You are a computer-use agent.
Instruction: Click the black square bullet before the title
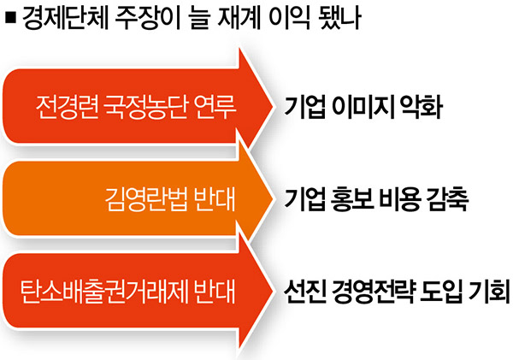coord(10,17)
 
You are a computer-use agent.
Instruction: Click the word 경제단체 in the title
coord(65,17)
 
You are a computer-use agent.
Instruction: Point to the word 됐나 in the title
coord(340,17)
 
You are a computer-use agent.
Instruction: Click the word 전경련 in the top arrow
coord(67,107)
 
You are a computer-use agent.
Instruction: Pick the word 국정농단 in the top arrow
coord(145,107)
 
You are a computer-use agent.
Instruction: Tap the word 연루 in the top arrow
coord(215,107)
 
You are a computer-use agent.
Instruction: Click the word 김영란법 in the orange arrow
coord(146,198)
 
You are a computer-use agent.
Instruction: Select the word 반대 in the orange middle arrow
coord(215,198)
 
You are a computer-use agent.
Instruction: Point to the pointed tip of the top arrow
coord(272,106)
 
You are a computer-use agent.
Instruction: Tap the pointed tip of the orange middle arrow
coord(272,198)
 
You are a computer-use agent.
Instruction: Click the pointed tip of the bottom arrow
coord(272,291)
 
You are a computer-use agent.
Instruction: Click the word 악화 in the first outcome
coord(422,107)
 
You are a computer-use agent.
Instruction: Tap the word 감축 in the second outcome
coord(448,198)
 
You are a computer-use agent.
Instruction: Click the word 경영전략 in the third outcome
coord(373,291)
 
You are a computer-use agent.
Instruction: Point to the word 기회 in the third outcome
coord(489,291)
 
